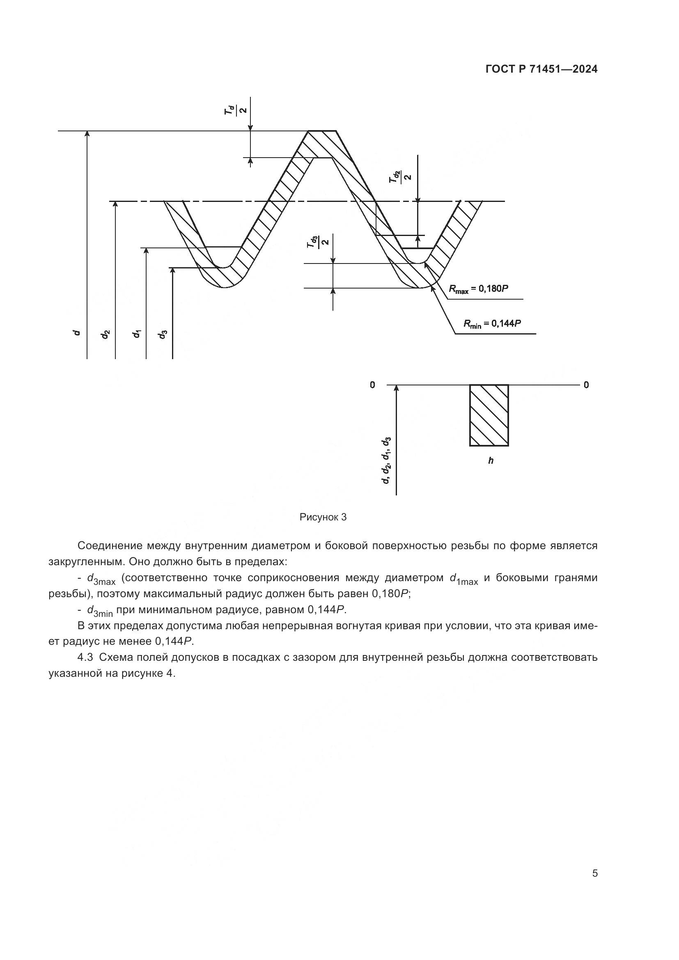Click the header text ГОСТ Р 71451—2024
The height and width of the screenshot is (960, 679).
[x=541, y=69]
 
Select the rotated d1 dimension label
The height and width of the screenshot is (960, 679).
[x=136, y=334]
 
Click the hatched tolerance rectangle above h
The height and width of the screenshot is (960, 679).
[x=489, y=415]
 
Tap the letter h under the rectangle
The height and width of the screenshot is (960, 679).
[x=491, y=461]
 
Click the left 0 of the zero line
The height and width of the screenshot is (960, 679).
[x=372, y=385]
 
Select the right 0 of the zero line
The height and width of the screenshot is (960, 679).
[x=586, y=385]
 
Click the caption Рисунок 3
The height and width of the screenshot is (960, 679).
[x=323, y=517]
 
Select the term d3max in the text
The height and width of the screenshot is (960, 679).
[x=101, y=579]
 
